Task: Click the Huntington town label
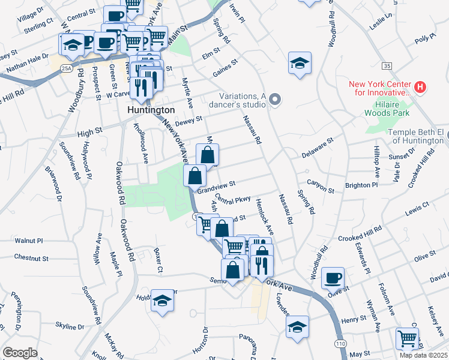tap(151, 110)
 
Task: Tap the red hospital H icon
tap(420, 88)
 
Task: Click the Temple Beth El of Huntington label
tap(414, 136)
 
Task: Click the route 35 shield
tap(386, 65)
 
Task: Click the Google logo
tap(20, 352)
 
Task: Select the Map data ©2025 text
tap(423, 355)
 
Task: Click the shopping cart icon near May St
tap(407, 338)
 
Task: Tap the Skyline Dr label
tap(70, 326)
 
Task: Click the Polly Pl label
tap(424, 39)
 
